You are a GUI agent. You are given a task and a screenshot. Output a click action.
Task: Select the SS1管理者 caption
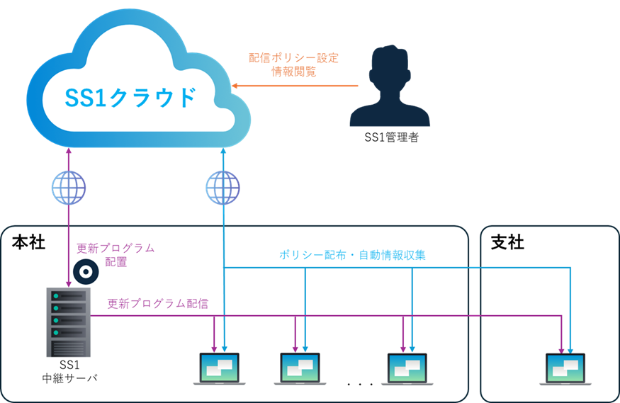(x=391, y=137)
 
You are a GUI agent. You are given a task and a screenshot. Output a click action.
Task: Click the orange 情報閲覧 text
(x=294, y=72)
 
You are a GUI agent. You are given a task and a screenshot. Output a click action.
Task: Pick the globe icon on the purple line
(x=68, y=188)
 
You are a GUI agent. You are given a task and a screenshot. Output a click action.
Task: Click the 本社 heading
(x=29, y=243)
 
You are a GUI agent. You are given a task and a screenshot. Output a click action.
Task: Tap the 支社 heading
(x=507, y=243)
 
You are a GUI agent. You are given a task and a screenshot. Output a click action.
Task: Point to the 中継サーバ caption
(x=69, y=378)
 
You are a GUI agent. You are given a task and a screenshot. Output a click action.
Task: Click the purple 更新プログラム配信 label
(x=158, y=303)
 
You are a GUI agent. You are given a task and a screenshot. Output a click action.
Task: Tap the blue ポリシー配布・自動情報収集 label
(x=351, y=254)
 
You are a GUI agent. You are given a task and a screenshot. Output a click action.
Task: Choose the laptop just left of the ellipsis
(x=407, y=368)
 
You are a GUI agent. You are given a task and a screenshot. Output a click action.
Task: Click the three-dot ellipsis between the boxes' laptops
(x=360, y=385)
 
